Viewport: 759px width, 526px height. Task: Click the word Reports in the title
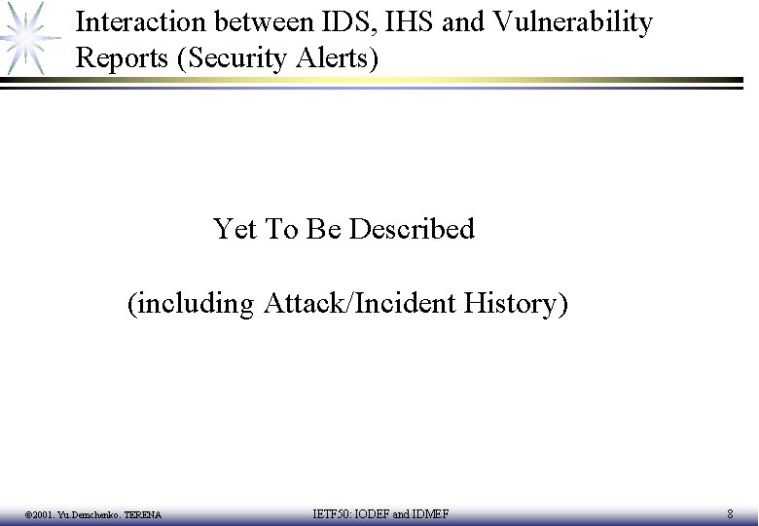coord(123,58)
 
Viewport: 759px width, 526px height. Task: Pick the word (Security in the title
coord(233,58)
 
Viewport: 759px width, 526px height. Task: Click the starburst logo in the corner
coord(26,37)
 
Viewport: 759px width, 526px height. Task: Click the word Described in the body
coord(411,229)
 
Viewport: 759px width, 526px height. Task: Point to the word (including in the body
coord(191,304)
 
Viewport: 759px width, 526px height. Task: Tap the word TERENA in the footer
coord(143,514)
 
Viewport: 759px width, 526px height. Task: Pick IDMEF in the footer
coord(429,513)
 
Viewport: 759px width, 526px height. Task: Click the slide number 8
coord(730,513)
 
